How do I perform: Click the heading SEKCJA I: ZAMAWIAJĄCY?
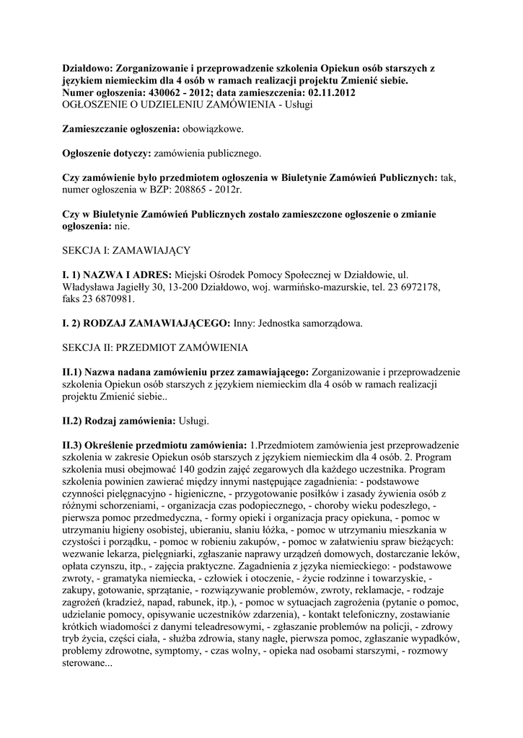click(126, 250)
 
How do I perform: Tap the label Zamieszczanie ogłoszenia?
click(118, 129)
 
